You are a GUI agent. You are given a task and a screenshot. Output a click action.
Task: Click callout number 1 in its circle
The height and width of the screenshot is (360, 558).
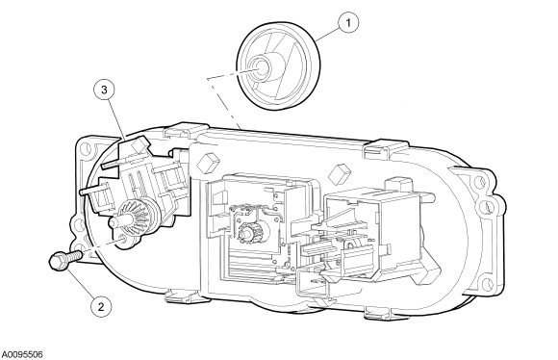(347, 23)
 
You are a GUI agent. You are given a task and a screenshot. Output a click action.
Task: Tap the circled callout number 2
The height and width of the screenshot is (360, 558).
(101, 307)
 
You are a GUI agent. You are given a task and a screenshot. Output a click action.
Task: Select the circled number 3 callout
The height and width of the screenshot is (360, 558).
(104, 90)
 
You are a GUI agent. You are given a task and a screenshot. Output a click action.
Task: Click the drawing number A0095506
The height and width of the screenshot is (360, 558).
(22, 354)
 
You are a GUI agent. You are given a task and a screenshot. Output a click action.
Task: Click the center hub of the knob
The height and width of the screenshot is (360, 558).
(263, 66)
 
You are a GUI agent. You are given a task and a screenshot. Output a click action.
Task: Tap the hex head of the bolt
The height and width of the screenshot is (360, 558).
(58, 263)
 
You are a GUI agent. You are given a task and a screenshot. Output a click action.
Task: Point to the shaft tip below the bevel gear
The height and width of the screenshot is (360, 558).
(114, 222)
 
